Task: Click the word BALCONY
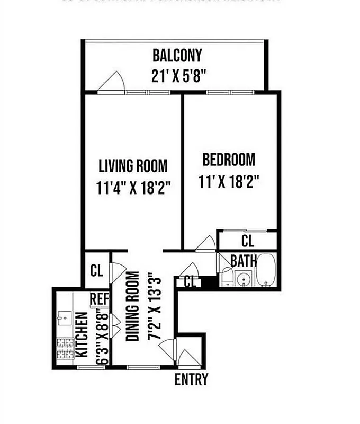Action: [x=177, y=55]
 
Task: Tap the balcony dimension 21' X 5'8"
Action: [x=177, y=76]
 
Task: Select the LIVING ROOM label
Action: [x=133, y=166]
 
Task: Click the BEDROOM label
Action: [x=229, y=159]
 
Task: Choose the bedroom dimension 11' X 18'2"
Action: [x=229, y=182]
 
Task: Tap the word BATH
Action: [x=244, y=260]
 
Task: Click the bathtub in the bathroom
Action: [x=266, y=272]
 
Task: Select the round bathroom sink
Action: [x=244, y=278]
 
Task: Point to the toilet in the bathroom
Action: [x=227, y=277]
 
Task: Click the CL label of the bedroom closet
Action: [x=247, y=241]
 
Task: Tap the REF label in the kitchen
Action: [x=98, y=299]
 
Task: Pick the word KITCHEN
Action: [x=82, y=333]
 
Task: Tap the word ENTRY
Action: [x=191, y=379]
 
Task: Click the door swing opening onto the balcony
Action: [x=113, y=82]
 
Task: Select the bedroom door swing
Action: [x=204, y=243]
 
